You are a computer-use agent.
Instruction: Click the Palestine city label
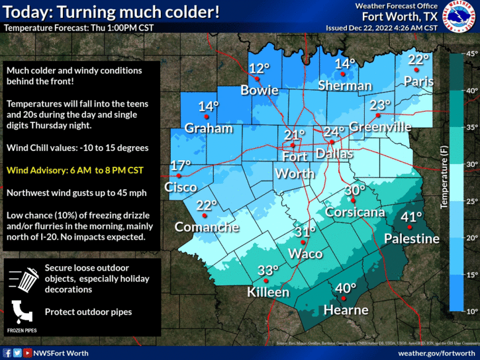click(x=412, y=238)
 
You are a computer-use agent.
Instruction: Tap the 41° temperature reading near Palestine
click(x=412, y=216)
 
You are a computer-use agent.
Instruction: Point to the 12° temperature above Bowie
click(x=259, y=67)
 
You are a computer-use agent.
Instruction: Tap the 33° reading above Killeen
click(x=267, y=270)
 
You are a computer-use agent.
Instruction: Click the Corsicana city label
click(x=355, y=212)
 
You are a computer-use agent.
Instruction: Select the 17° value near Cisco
click(x=180, y=165)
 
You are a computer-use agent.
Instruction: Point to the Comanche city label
click(x=207, y=227)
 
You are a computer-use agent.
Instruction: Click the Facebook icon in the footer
click(x=7, y=353)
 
